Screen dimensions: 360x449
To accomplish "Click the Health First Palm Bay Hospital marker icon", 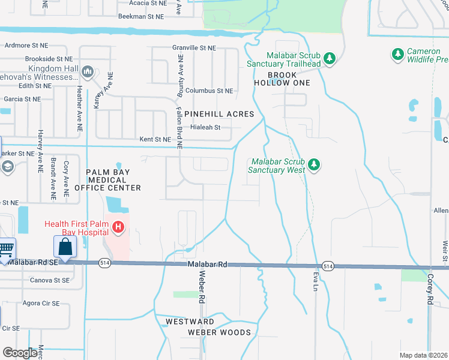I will pyautogui.click(x=119, y=227).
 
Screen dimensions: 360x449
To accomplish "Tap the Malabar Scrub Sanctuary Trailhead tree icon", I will pyautogui.click(x=329, y=58).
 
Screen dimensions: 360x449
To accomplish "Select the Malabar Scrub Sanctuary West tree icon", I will pyautogui.click(x=313, y=164).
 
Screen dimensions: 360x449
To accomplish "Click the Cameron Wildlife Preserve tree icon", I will pyautogui.click(x=397, y=55).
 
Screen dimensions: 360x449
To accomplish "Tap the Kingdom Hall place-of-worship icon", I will pyautogui.click(x=88, y=72).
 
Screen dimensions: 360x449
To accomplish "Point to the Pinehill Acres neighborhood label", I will pyautogui.click(x=219, y=114).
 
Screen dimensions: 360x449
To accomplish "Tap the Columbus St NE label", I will pyautogui.click(x=209, y=91).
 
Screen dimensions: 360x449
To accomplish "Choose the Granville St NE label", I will pyautogui.click(x=193, y=47).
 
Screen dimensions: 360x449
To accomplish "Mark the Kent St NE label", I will pyautogui.click(x=155, y=139).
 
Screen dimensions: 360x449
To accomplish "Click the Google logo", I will pyautogui.click(x=20, y=353).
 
